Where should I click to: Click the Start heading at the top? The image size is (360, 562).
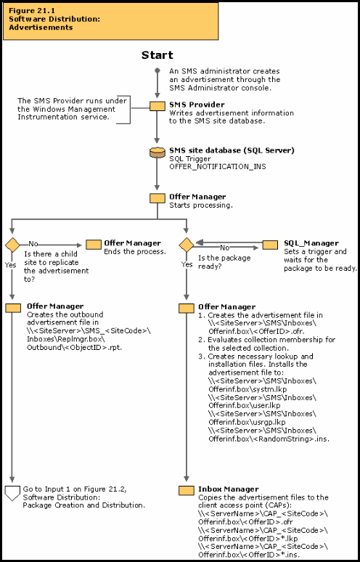tap(157, 55)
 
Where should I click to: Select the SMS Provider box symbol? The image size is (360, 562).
tap(157, 106)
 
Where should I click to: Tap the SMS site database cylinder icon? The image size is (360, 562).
tap(157, 153)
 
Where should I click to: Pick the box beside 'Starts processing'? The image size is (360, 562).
tap(157, 198)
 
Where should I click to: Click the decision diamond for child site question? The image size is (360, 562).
tap(12, 244)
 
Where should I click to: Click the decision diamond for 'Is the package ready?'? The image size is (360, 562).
tap(186, 244)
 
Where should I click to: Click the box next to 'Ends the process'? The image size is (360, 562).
tap(94, 244)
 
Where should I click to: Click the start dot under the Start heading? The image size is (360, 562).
tap(157, 70)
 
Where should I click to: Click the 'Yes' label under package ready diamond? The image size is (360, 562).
tap(187, 265)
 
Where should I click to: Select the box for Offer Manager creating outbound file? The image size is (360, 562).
tap(12, 308)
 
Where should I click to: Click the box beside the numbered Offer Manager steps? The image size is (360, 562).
tap(186, 308)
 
